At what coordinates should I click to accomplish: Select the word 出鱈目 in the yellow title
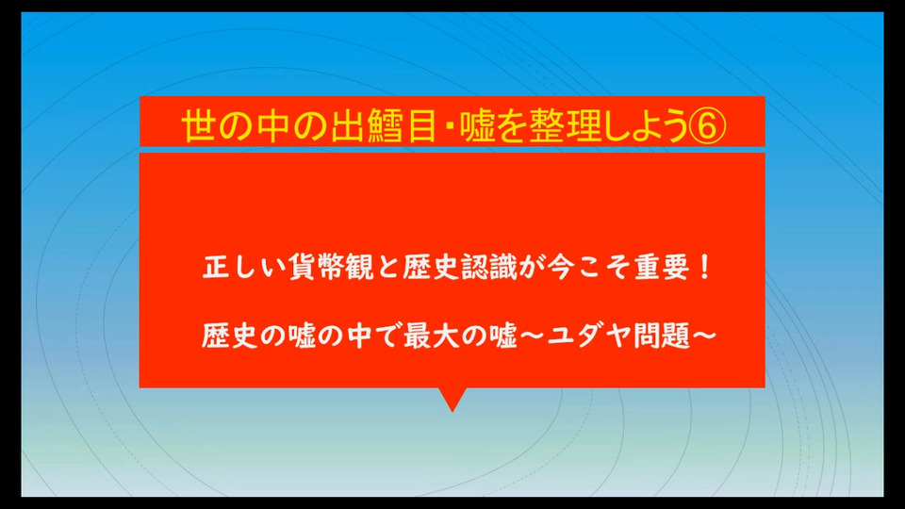click(x=383, y=125)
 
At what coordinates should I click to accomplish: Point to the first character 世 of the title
click(x=199, y=125)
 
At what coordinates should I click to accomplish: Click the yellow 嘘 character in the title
click(x=477, y=125)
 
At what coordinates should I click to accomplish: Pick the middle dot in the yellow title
click(x=448, y=126)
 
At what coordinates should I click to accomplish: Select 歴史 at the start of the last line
click(x=230, y=336)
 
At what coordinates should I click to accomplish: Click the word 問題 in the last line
click(x=662, y=336)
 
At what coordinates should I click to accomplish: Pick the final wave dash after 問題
click(x=704, y=336)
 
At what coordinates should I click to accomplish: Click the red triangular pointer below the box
click(x=452, y=397)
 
